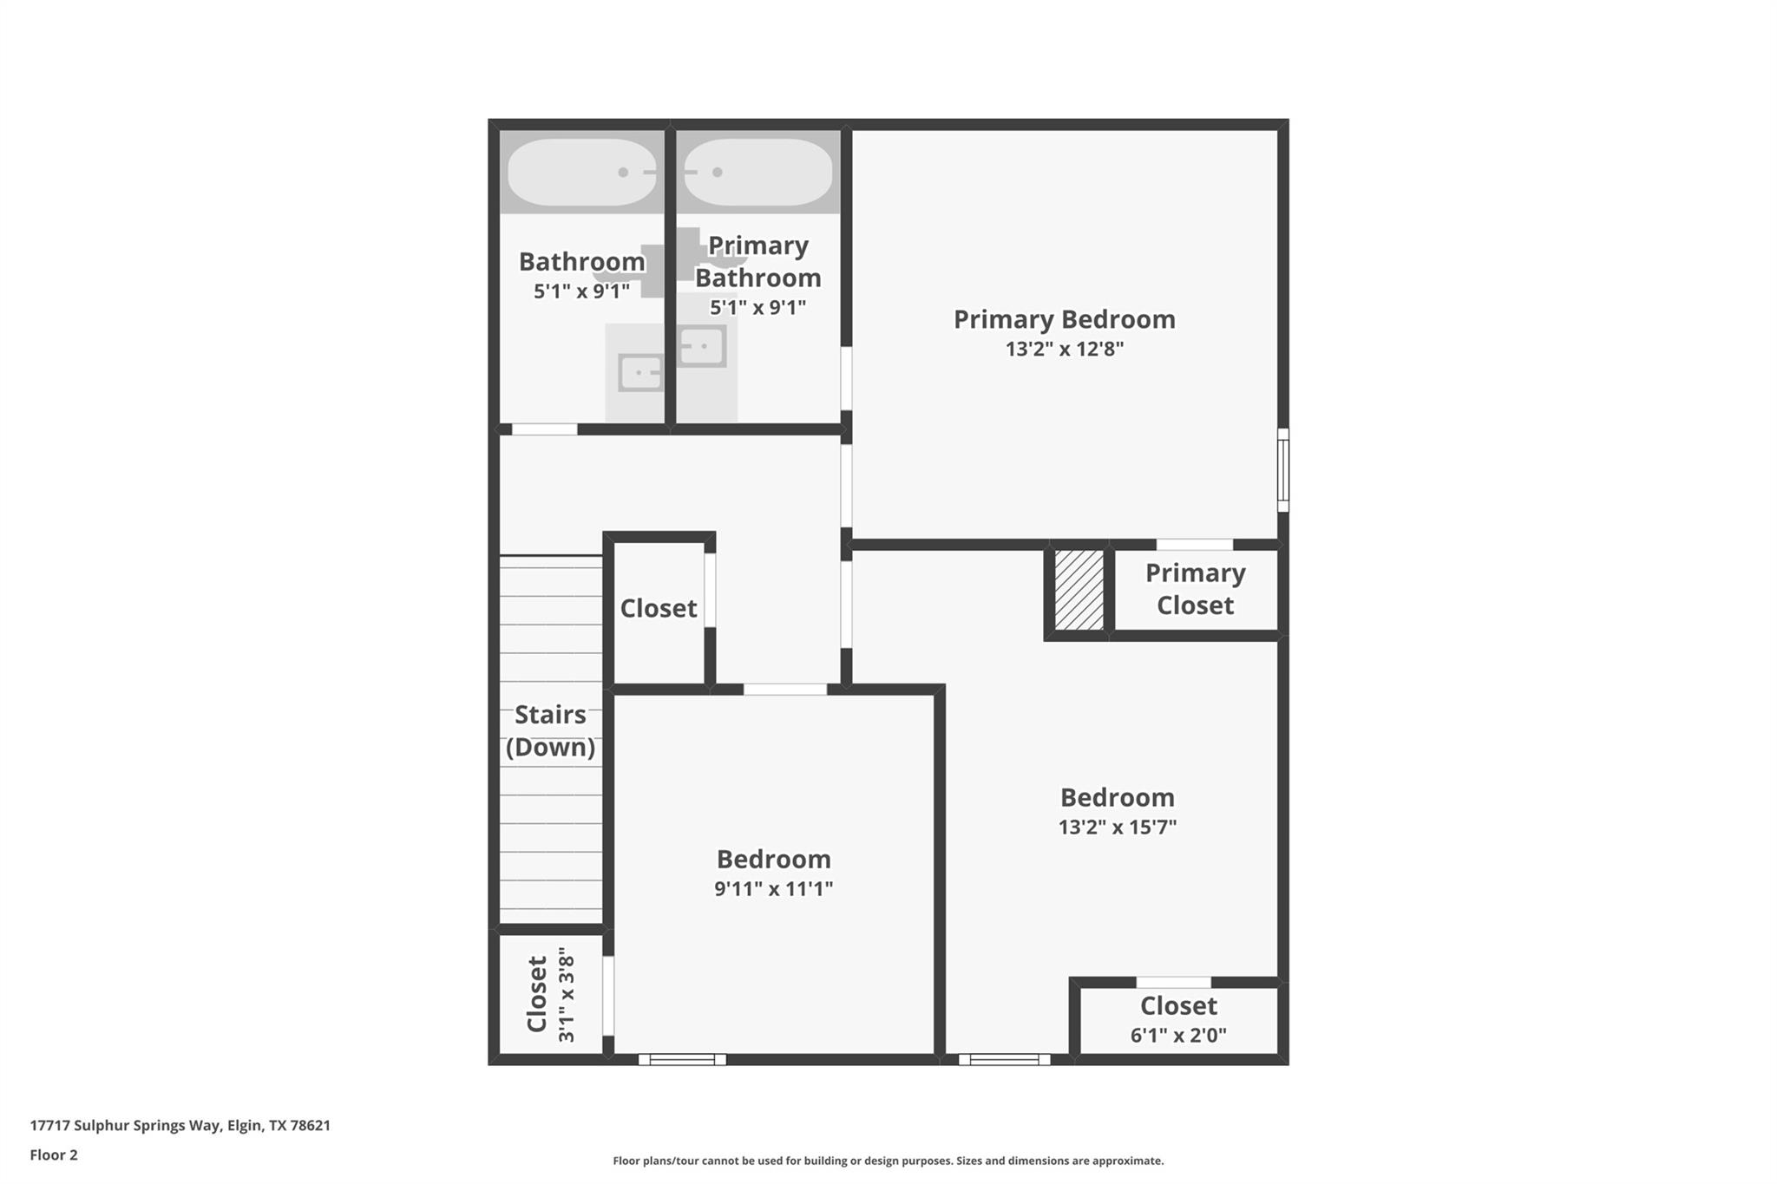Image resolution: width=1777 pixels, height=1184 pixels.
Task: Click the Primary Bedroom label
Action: click(x=1064, y=319)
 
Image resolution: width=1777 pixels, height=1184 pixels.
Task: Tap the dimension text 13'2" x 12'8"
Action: click(x=1064, y=349)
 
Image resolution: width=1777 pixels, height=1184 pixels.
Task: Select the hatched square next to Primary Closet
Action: click(x=1079, y=590)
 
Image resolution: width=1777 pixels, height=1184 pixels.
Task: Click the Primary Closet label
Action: click(x=1195, y=589)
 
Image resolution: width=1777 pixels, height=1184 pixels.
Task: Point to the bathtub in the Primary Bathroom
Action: click(x=757, y=172)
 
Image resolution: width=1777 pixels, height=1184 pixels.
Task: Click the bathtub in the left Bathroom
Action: click(x=581, y=172)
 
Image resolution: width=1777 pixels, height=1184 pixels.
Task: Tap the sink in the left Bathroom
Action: click(x=640, y=373)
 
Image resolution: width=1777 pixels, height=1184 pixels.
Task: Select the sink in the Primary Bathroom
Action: click(x=701, y=347)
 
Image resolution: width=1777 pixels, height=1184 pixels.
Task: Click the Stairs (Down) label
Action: click(x=550, y=730)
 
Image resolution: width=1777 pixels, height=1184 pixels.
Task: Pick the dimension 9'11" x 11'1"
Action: click(x=773, y=888)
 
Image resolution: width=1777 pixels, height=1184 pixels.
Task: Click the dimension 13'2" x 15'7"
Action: click(x=1117, y=827)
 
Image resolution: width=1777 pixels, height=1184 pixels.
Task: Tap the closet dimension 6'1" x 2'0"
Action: click(x=1177, y=1035)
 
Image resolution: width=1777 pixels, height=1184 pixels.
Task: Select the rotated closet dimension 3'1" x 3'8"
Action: click(x=567, y=994)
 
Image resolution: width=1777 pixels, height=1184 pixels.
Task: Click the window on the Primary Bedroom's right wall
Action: click(x=1282, y=470)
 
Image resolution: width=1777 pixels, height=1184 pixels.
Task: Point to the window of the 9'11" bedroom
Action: click(x=682, y=1059)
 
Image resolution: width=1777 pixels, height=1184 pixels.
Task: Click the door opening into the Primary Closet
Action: click(x=1194, y=545)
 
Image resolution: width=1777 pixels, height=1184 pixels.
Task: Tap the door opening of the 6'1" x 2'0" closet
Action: click(x=1173, y=983)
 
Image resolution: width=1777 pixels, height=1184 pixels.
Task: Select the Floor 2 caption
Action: click(x=54, y=1155)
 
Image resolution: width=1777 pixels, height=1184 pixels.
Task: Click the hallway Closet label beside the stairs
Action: click(x=658, y=608)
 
